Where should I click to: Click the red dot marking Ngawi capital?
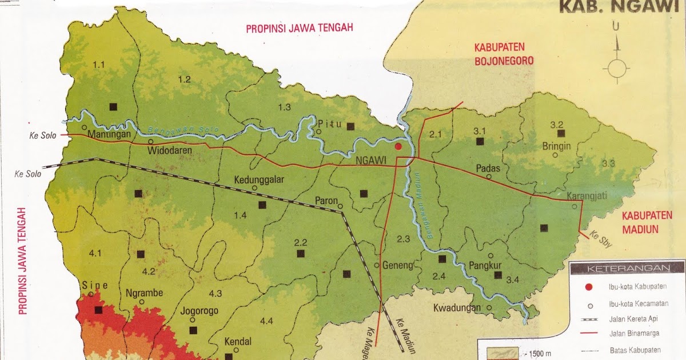(398, 146)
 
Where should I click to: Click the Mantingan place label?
(110, 135)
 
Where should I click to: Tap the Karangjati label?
(587, 196)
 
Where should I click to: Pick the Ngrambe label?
(144, 293)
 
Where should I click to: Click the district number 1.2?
(184, 79)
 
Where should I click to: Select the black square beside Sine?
(99, 310)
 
